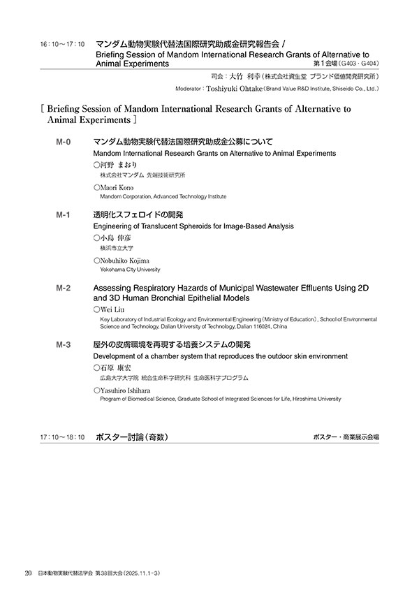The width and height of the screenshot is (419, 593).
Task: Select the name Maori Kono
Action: pyautogui.click(x=117, y=188)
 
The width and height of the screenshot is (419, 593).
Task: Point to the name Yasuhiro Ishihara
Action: pyautogui.click(x=129, y=390)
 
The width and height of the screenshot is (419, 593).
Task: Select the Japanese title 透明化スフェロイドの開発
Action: pyautogui.click(x=138, y=215)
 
